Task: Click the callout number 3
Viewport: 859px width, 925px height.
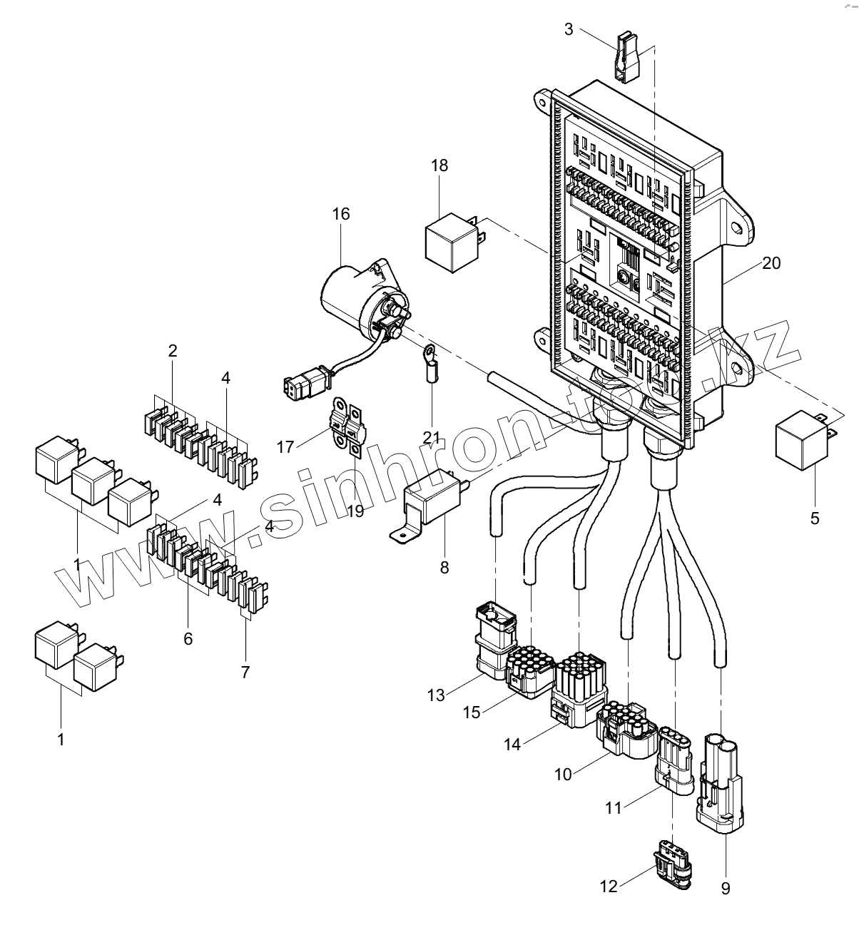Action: click(x=568, y=29)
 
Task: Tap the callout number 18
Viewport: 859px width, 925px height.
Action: click(x=439, y=165)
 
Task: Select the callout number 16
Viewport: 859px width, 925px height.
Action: click(x=341, y=214)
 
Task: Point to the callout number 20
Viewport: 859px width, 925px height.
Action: click(x=771, y=263)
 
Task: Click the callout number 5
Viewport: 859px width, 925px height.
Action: click(x=814, y=518)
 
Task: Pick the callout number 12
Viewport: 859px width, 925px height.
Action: click(x=609, y=886)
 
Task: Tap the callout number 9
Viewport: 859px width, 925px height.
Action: click(x=726, y=889)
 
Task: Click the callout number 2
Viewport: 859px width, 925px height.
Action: click(x=173, y=351)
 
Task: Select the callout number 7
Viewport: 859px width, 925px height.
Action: click(x=245, y=672)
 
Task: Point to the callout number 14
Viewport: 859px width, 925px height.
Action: click(x=512, y=745)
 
